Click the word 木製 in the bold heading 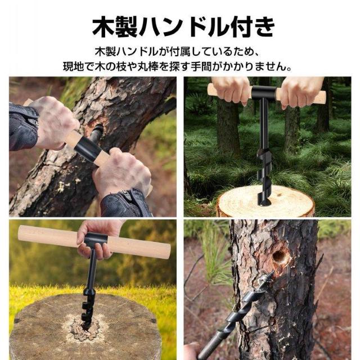click(x=112, y=26)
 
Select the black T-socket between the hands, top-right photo click(x=263, y=93)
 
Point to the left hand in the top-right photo click(x=231, y=88)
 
